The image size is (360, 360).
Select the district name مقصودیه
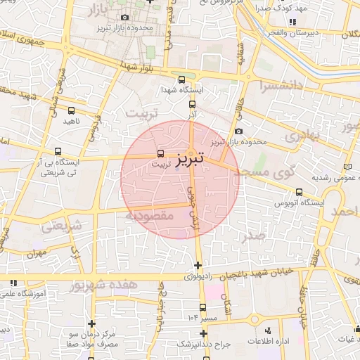(x=149, y=216)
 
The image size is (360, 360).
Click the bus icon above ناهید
(x=71, y=110)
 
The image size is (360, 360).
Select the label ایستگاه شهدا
(x=182, y=91)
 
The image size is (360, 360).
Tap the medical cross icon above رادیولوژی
(x=198, y=266)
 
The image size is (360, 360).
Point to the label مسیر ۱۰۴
(x=202, y=319)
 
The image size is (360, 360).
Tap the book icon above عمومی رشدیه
(x=348, y=167)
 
